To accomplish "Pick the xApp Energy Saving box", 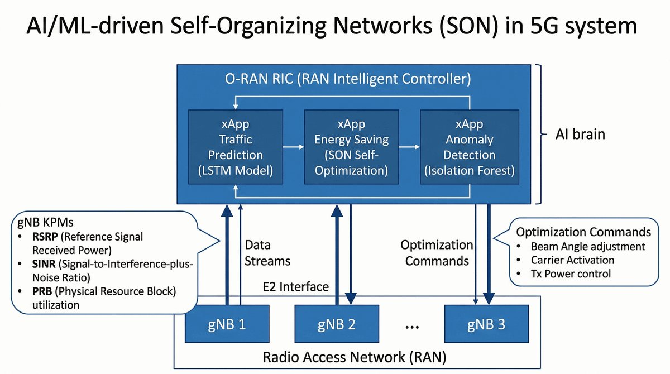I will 352,147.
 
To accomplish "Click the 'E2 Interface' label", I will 295,287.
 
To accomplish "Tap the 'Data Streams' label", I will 267,252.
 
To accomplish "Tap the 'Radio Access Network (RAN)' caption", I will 357,356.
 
